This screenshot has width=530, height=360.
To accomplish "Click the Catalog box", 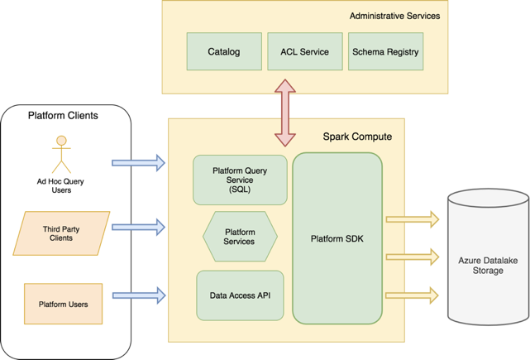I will (x=223, y=52).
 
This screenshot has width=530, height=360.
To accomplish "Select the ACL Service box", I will (x=304, y=52).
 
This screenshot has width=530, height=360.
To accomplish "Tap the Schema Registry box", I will (x=385, y=52).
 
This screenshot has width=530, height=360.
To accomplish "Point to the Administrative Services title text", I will (x=394, y=16).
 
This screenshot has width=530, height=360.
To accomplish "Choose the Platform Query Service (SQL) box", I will (x=240, y=180).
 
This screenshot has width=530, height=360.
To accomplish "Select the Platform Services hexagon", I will (x=240, y=236).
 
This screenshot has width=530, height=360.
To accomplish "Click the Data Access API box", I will (x=240, y=295).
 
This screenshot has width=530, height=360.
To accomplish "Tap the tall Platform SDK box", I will (x=337, y=238).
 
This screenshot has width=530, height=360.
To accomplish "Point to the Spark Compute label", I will (x=357, y=136).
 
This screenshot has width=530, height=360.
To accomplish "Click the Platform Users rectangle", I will (x=63, y=304).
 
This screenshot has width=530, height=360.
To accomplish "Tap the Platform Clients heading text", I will (x=63, y=116).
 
